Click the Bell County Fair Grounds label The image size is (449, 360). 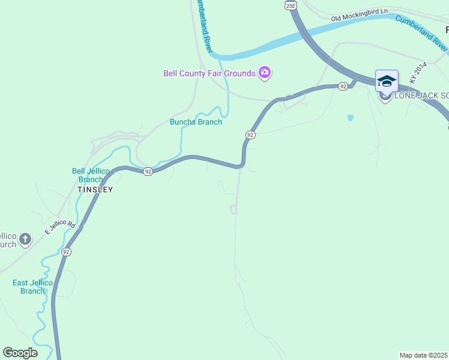(209, 73)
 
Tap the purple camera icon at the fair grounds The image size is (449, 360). (265, 73)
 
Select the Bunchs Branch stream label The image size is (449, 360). (196, 122)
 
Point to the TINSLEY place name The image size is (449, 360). (95, 189)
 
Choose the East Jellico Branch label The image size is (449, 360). (32, 287)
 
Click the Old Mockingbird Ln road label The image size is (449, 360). (360, 15)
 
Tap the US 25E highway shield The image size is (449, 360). (291, 5)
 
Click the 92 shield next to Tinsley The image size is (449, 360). (148, 172)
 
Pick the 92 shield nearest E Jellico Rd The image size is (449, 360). (66, 252)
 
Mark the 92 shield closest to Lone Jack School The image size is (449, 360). (343, 86)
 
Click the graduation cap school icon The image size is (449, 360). (387, 80)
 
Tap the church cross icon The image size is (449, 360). (25, 239)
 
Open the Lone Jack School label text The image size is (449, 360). (420, 96)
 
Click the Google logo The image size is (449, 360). (20, 353)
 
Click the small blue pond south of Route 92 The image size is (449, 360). (350, 118)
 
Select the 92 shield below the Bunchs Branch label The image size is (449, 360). (250, 135)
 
